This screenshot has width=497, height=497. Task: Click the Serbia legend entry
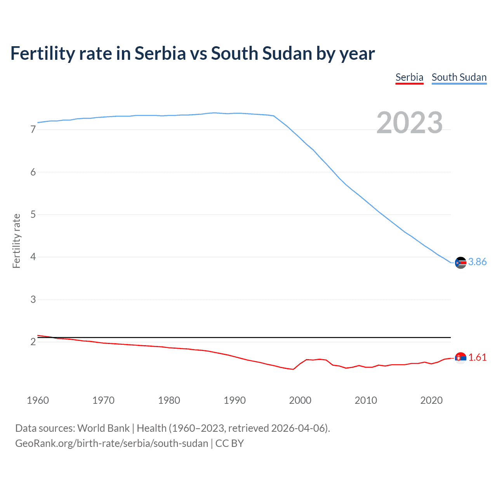(x=409, y=77)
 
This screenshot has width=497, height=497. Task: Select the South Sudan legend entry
(x=459, y=77)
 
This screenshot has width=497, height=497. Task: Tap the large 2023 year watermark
(x=410, y=123)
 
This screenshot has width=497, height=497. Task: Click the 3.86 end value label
(x=477, y=262)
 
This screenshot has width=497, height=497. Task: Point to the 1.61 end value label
(x=477, y=357)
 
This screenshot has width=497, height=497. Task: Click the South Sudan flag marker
(x=461, y=263)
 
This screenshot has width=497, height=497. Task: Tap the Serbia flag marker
(x=461, y=358)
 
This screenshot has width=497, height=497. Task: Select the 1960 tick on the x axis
(x=38, y=400)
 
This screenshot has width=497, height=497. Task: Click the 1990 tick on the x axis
(x=235, y=400)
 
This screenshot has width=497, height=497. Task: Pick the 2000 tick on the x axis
(x=300, y=400)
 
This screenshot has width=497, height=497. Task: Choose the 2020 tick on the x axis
(x=431, y=400)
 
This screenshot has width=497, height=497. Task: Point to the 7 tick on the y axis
(x=33, y=130)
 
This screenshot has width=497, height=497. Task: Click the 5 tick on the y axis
(x=33, y=214)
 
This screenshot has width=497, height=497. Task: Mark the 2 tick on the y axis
(x=33, y=342)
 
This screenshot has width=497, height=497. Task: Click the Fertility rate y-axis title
(x=16, y=241)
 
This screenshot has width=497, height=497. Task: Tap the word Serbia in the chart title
(x=160, y=54)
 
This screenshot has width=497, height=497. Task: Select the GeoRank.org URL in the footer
(x=111, y=443)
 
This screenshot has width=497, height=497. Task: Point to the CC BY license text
(x=229, y=443)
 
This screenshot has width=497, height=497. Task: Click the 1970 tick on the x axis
(x=103, y=400)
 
